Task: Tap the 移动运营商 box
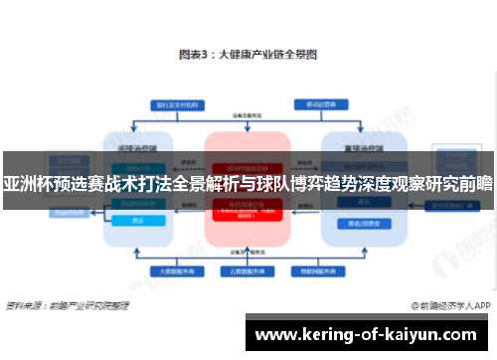click(320, 103)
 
